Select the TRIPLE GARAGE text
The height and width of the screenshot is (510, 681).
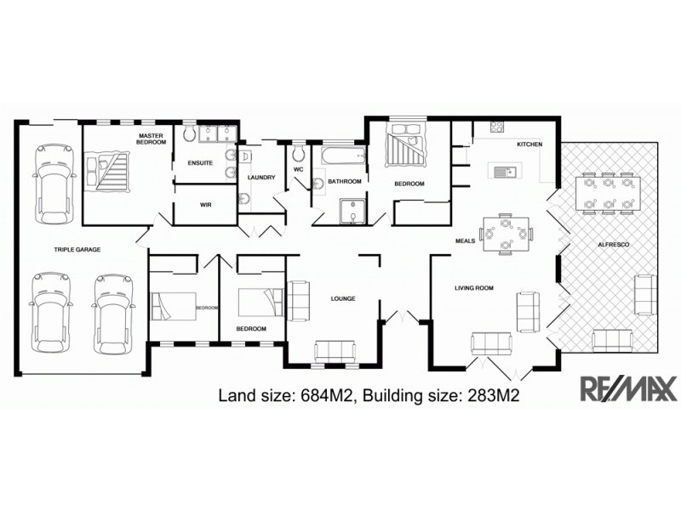click(x=78, y=250)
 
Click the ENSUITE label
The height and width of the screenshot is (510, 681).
click(x=201, y=163)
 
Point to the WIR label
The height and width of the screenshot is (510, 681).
click(x=205, y=205)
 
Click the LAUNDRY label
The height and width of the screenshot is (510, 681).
click(x=261, y=177)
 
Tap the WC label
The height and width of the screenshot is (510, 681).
click(x=299, y=169)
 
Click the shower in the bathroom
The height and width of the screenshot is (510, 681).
click(x=350, y=211)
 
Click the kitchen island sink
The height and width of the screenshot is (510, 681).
click(x=509, y=173)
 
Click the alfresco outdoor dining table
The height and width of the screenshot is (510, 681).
click(x=607, y=193)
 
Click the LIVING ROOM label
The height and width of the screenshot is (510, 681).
click(x=473, y=288)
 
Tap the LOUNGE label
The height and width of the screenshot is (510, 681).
click(x=342, y=298)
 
